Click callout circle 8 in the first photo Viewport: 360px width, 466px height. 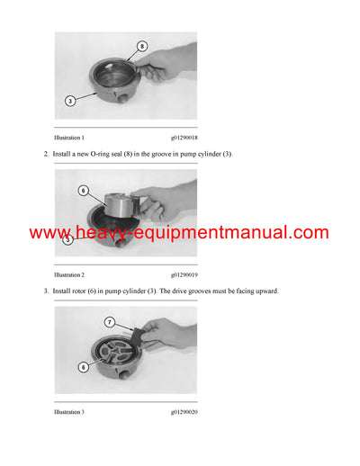click(x=142, y=45)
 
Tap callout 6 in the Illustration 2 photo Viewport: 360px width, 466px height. click(x=83, y=191)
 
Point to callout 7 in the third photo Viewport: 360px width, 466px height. click(x=110, y=321)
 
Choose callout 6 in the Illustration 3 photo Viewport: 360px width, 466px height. click(x=83, y=366)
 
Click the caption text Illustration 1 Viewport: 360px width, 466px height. click(x=69, y=138)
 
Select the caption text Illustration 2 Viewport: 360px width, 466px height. click(x=69, y=274)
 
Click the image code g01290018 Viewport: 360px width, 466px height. click(x=184, y=138)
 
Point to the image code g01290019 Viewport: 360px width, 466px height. click(x=184, y=274)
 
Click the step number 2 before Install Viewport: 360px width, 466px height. click(x=46, y=155)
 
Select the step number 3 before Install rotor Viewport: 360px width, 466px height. click(x=46, y=291)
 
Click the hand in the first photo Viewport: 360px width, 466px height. click(x=171, y=65)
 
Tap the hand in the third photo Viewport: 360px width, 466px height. click(x=171, y=335)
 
